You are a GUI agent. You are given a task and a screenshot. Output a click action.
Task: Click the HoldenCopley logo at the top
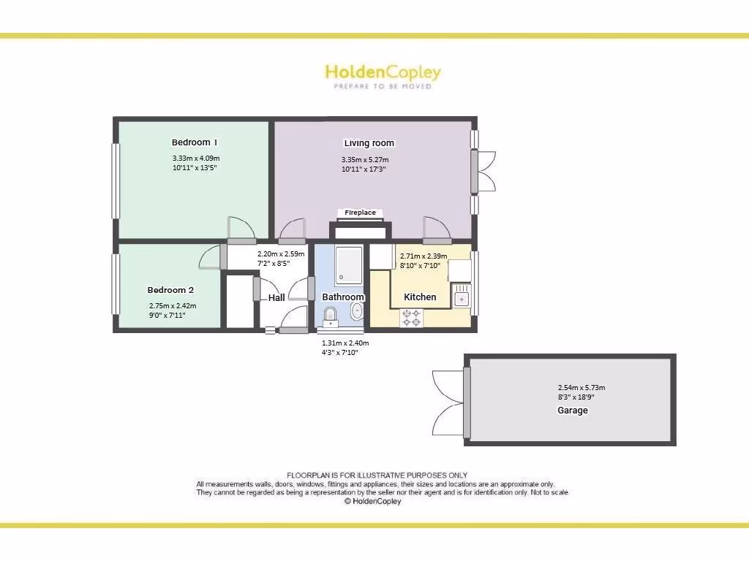coord(383,72)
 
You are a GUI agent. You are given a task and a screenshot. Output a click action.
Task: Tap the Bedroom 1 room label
coord(195,142)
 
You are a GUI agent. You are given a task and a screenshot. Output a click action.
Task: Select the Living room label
coord(369,143)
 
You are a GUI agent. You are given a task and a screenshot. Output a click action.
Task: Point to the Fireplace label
coord(361,213)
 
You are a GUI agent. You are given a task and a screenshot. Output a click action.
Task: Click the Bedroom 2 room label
coord(170,289)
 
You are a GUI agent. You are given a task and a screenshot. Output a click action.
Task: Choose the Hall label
coord(276,297)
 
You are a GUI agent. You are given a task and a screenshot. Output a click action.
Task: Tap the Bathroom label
coord(343,297)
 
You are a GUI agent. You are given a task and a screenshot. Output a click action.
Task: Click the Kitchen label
coord(420,297)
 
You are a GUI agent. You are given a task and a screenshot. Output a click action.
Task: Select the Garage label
coord(573,411)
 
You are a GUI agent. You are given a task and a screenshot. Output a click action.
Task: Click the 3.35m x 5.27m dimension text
coord(365,160)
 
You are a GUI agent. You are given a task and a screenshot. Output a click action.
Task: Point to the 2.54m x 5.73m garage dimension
coord(581,388)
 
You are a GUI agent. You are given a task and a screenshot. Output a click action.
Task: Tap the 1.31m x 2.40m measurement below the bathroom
coord(345,343)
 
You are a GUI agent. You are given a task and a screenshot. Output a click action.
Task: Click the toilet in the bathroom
coord(330,316)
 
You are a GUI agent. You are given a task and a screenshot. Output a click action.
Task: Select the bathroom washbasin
coord(357,313)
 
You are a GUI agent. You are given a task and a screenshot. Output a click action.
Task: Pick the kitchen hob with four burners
coord(410,318)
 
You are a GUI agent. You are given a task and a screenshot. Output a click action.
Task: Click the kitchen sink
coord(462,297)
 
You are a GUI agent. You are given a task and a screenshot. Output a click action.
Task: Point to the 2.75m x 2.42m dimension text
coord(173,306)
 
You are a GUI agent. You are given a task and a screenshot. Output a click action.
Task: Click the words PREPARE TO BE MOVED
coord(383,86)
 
